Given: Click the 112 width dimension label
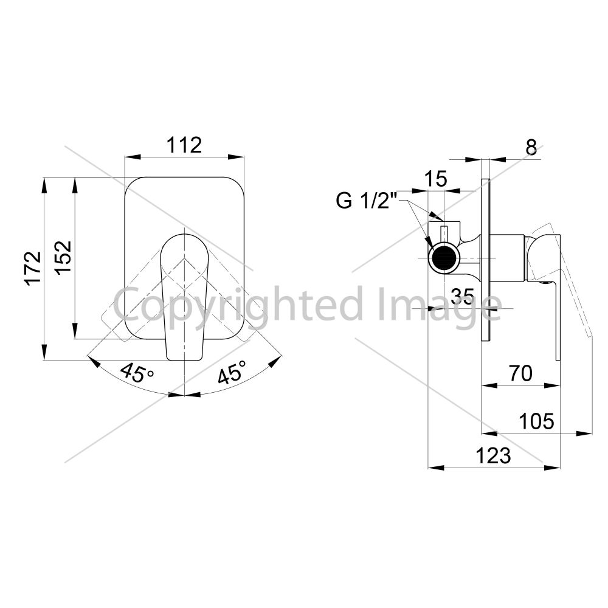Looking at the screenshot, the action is click(x=184, y=145).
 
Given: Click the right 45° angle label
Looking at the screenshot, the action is click(x=232, y=371).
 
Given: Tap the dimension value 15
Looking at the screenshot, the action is click(x=435, y=179).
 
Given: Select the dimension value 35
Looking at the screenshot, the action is click(x=463, y=297).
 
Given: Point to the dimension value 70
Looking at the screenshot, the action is click(x=521, y=373).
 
